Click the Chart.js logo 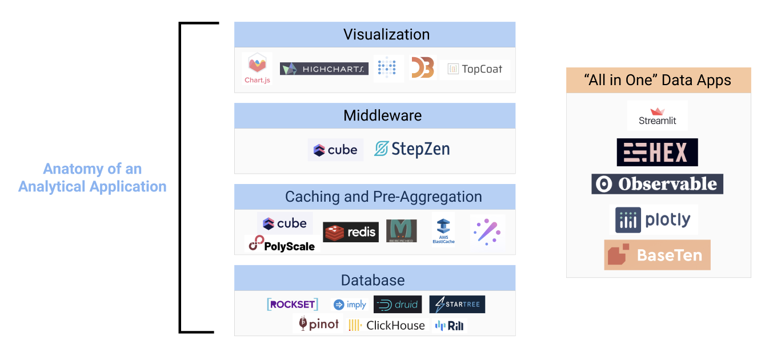[257, 69]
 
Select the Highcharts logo [324, 69]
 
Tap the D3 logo [423, 69]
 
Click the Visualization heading [386, 34]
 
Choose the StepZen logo [412, 149]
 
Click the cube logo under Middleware [335, 150]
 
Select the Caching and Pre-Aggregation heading [383, 197]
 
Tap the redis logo [350, 231]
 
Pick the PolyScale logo [282, 245]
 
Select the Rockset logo [293, 305]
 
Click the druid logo [398, 305]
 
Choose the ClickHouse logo [387, 325]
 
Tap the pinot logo [319, 324]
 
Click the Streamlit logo [657, 116]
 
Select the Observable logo [657, 184]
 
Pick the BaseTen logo [657, 255]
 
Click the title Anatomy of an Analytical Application [93, 178]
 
